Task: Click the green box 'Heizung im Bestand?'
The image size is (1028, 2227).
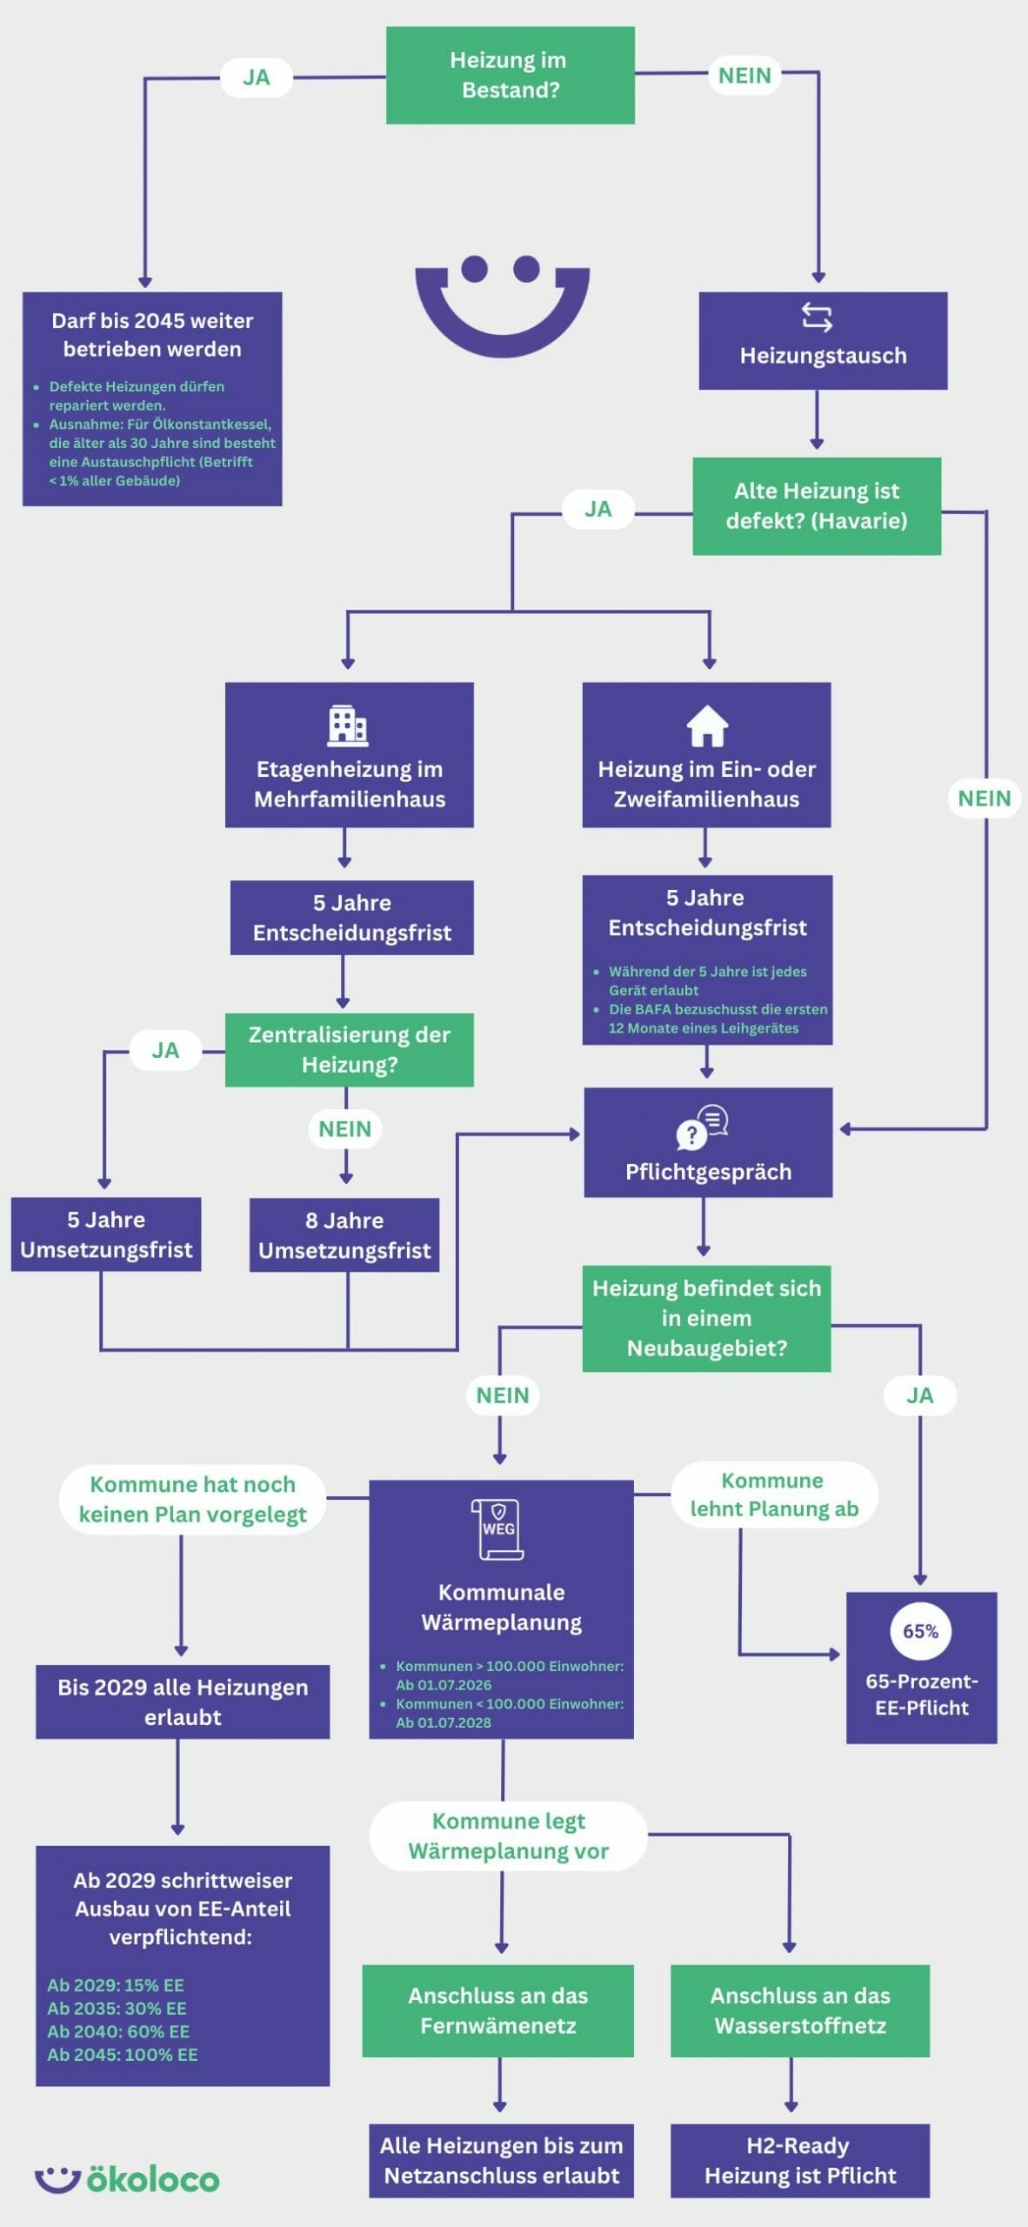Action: click(x=510, y=75)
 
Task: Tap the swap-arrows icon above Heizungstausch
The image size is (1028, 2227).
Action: click(x=817, y=318)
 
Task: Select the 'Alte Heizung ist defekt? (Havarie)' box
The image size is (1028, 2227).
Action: click(x=816, y=505)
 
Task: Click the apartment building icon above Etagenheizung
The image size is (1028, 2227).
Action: click(x=348, y=726)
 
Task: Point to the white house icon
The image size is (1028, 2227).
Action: click(x=707, y=726)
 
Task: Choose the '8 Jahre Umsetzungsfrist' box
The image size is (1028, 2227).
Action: click(x=344, y=1234)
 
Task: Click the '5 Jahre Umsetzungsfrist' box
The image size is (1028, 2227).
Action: click(x=106, y=1234)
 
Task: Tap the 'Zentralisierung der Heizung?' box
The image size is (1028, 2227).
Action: click(x=349, y=1049)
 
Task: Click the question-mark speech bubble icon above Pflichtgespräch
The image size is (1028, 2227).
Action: click(x=702, y=1127)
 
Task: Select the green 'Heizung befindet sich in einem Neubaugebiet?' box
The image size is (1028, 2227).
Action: click(x=706, y=1318)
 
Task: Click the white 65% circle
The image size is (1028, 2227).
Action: click(x=920, y=1631)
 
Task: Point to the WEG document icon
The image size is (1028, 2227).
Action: click(x=498, y=1528)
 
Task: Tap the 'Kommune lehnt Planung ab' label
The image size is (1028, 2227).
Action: click(x=774, y=1495)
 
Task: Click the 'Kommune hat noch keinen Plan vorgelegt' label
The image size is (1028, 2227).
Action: click(x=192, y=1499)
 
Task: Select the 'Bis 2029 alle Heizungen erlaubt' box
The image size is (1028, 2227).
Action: click(x=183, y=1702)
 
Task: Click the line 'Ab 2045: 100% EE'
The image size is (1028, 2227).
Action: click(x=123, y=2054)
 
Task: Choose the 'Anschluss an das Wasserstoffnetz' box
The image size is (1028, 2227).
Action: click(x=800, y=2010)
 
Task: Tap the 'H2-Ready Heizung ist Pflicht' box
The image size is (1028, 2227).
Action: click(x=800, y=2160)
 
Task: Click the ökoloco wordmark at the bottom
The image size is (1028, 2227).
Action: click(x=152, y=2178)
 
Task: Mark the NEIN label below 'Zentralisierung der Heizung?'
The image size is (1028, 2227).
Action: click(x=344, y=1129)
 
